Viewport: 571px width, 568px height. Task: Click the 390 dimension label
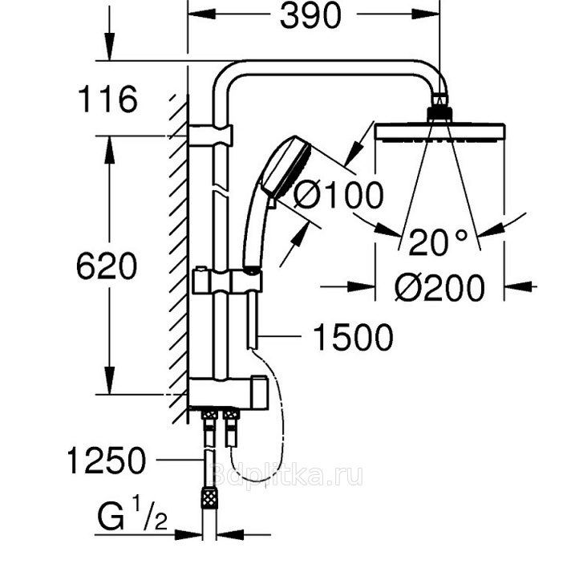[x=310, y=16]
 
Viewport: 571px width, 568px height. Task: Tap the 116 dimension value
[x=107, y=99]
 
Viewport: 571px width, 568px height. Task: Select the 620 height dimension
[x=107, y=266]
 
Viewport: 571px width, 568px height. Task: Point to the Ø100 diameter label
[x=338, y=195]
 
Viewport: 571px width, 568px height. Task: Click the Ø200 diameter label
[x=440, y=288]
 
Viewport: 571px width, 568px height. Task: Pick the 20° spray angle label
[x=438, y=242]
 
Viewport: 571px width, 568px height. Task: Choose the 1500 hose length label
[x=353, y=338]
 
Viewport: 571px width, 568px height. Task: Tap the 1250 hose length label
[x=107, y=460]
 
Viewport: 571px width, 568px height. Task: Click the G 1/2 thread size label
[x=132, y=515]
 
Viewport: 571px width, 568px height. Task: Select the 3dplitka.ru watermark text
[x=286, y=474]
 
